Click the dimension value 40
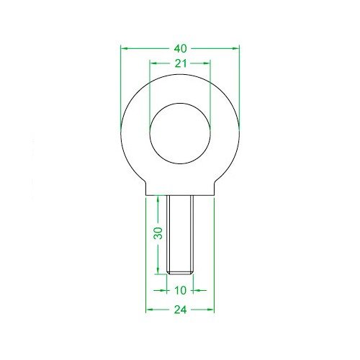180,48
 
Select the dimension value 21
180,64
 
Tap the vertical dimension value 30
158,233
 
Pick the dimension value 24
180,310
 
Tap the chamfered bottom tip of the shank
180,272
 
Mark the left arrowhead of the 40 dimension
124,48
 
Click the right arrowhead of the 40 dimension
237,48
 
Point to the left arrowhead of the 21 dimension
151,64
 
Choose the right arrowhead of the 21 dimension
210,64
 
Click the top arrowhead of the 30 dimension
158,198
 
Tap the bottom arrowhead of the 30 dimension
158,270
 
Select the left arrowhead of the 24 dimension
149,310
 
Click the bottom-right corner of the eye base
214,194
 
